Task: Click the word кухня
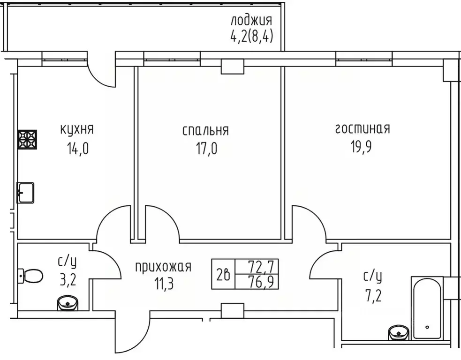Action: tap(77, 129)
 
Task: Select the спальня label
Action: tap(205, 130)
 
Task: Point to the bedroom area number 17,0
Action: tap(206, 149)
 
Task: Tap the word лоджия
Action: tap(251, 20)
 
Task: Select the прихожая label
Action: tap(163, 267)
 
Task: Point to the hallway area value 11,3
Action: tap(163, 284)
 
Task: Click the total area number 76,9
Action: tap(264, 282)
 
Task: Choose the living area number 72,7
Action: tap(264, 267)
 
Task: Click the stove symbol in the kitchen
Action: tap(27, 139)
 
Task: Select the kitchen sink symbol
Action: tap(26, 192)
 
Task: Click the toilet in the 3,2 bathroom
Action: tap(30, 276)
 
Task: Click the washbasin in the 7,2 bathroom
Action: tap(399, 333)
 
